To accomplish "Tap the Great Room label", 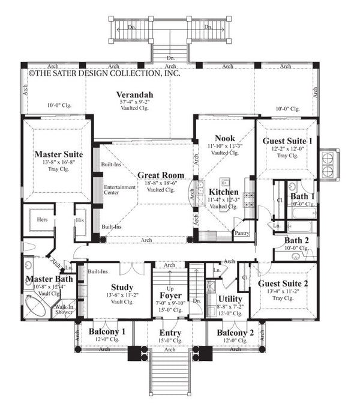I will tap(156, 175).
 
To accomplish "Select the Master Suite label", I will tap(58, 154).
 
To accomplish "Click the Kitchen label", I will tap(223, 192).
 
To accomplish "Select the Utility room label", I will tap(230, 298).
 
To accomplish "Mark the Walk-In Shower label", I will tap(64, 309).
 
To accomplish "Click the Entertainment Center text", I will tap(120, 190).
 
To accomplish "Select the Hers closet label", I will tap(43, 220).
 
